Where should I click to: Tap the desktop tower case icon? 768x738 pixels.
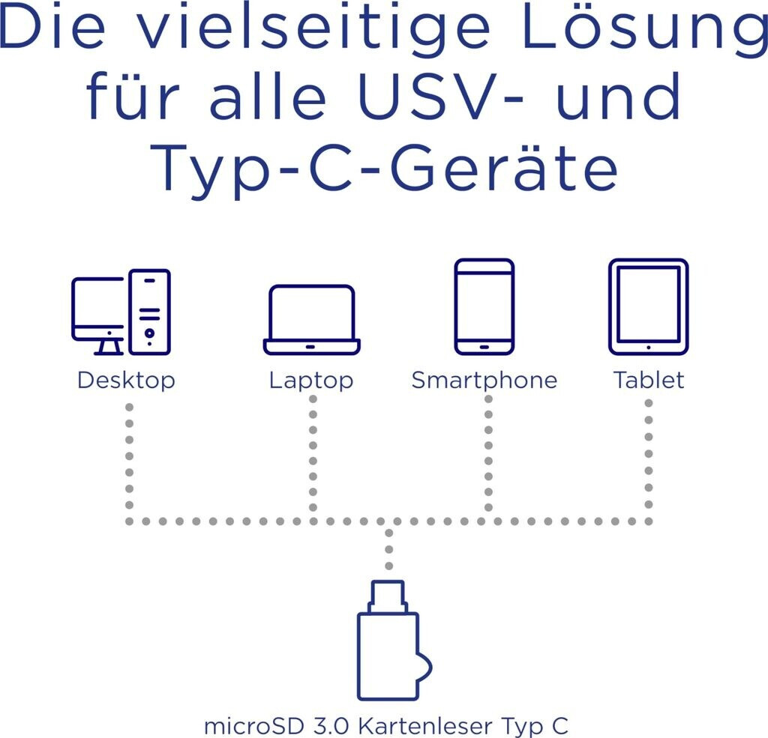[149, 311]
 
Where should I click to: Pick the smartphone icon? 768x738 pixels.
[484, 306]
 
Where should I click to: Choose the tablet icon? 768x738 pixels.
[648, 306]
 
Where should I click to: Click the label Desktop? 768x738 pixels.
[126, 380]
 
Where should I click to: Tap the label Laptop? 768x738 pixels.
[311, 380]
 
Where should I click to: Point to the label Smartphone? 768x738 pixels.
[484, 380]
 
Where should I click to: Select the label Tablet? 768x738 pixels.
[649, 380]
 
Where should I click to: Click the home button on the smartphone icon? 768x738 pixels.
[484, 347]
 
